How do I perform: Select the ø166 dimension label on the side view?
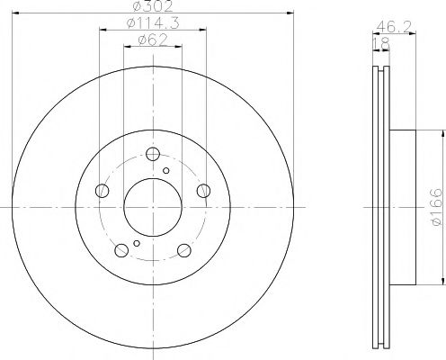point(435,207)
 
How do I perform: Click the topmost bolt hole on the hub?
point(151,153)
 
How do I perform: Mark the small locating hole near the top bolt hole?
point(165,168)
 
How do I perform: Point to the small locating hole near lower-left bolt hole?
point(136,242)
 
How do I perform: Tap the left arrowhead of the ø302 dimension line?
point(13,13)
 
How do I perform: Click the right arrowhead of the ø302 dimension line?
point(290,13)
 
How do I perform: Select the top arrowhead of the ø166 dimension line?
point(442,132)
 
